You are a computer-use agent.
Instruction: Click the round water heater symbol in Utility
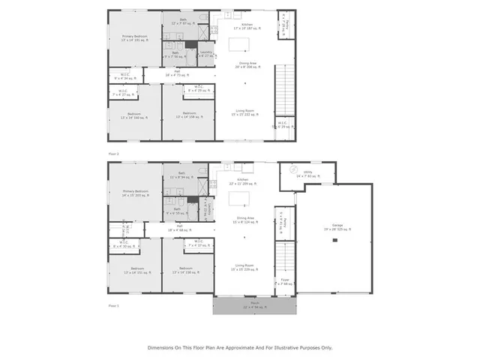(x=294, y=170)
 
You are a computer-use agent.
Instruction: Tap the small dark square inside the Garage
(x=335, y=240)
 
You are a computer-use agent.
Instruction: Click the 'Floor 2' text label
(x=114, y=153)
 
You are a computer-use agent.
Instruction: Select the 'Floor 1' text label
(x=114, y=306)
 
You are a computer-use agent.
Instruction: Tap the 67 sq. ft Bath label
(x=183, y=23)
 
